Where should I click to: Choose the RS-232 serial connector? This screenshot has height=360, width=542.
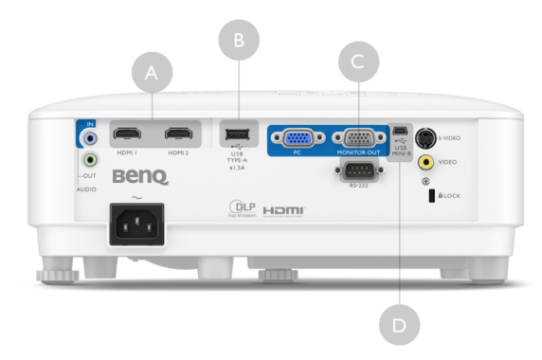[356, 171]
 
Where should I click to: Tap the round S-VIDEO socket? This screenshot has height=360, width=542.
[427, 137]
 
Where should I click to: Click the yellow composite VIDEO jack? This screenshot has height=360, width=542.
[427, 162]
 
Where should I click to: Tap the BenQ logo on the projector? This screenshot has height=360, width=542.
[139, 176]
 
